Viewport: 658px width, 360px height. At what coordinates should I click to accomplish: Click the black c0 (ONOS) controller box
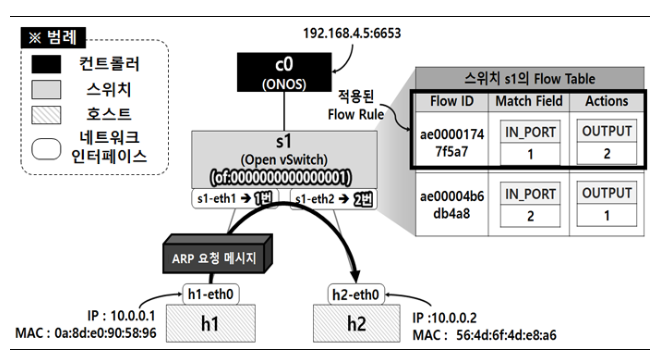tap(284, 72)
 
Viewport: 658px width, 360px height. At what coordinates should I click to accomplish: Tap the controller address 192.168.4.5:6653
tap(352, 34)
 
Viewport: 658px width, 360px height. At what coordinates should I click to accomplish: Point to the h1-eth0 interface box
tap(211, 294)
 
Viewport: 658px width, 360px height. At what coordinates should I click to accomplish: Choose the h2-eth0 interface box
tap(356, 295)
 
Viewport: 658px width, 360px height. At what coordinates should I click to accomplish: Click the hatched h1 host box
tap(211, 323)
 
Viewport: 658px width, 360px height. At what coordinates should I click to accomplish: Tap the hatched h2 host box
tap(357, 323)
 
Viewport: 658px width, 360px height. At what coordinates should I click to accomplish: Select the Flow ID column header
tap(452, 101)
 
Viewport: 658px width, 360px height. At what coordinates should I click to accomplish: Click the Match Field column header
tap(529, 101)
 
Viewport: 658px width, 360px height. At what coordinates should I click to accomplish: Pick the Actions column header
tap(607, 101)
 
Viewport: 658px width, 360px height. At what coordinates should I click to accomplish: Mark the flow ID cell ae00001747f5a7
tap(452, 143)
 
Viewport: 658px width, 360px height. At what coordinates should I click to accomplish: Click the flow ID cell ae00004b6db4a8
tap(452, 205)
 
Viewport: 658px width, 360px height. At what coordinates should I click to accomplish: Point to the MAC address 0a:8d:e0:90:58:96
tap(105, 333)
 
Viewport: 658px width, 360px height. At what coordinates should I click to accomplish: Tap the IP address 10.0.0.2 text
tap(454, 318)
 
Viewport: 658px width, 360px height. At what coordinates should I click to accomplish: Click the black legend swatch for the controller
tap(46, 65)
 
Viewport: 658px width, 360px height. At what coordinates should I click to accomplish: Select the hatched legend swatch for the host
tap(46, 115)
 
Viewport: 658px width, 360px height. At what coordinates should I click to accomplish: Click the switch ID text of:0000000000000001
tap(280, 177)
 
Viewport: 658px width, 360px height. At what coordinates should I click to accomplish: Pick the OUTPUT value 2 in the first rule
tap(607, 154)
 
